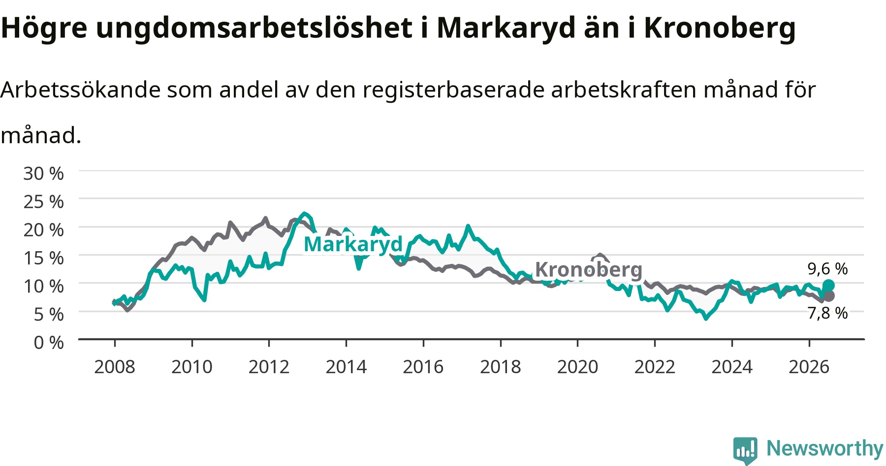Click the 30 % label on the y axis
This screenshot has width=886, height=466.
44,174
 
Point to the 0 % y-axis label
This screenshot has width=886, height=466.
49,342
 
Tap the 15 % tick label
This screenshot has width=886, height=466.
44,258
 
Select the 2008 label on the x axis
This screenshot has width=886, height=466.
115,367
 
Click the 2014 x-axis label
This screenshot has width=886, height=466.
346,367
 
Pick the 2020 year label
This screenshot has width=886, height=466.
577,367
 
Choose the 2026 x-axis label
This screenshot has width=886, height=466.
809,367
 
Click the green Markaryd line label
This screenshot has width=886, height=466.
353,244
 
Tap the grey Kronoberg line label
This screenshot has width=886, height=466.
589,270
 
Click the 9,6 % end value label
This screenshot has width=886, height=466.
827,269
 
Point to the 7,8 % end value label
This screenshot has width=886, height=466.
827,313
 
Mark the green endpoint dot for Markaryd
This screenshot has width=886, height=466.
828,286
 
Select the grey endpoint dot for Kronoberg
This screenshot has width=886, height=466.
829,296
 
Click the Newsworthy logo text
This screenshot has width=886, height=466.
825,448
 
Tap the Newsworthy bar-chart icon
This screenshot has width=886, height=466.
745,450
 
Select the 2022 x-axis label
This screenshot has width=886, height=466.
655,367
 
